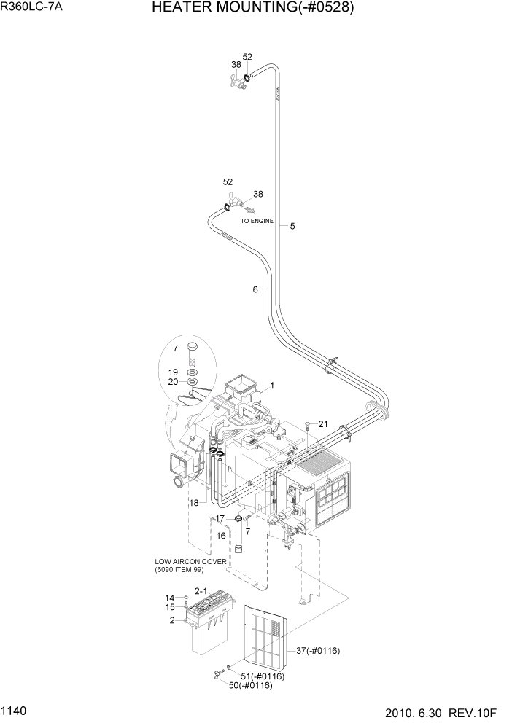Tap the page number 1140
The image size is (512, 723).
[x=15, y=708]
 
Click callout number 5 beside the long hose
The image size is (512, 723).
[x=292, y=226]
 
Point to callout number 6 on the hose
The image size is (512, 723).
[x=255, y=290]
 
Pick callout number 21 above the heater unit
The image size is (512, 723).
[x=323, y=424]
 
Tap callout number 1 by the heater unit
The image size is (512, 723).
[x=271, y=385]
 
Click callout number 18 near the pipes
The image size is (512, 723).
[x=193, y=503]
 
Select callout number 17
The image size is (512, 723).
[x=218, y=519]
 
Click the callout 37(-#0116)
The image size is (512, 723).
[x=319, y=650]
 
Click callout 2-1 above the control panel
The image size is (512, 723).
[x=201, y=591]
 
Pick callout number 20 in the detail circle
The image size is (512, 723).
[x=173, y=382]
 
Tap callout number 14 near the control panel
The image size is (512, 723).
[x=169, y=598]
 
